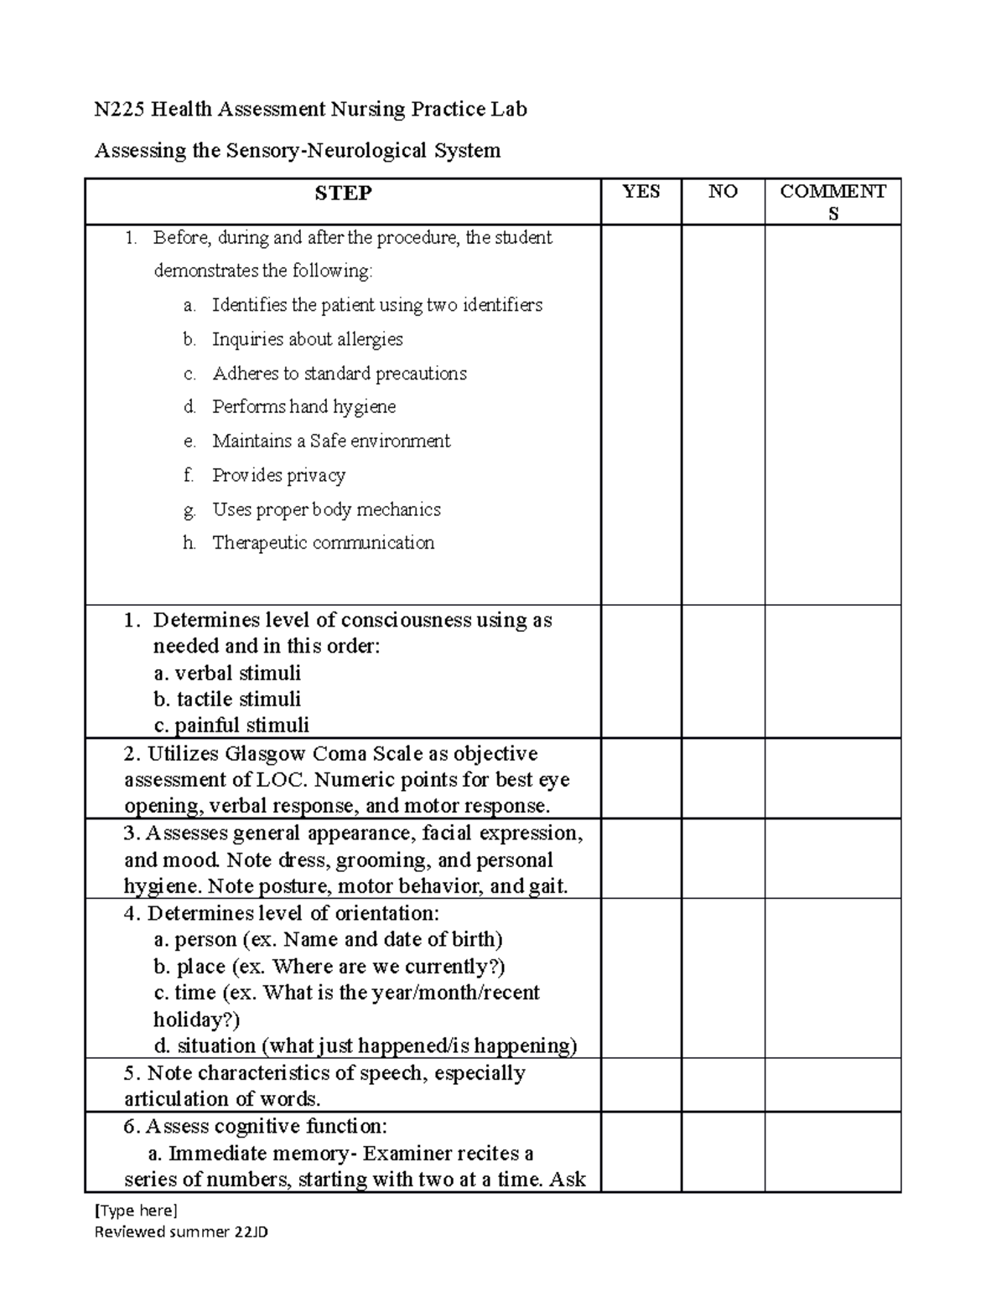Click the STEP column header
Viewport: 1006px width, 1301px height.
pos(343,194)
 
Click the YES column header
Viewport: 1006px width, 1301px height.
pos(641,192)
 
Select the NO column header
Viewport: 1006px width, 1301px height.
pos(723,192)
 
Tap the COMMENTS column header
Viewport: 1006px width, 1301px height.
pos(832,202)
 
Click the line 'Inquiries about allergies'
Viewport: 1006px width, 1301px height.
pos(307,339)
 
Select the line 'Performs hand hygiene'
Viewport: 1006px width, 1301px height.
pos(303,407)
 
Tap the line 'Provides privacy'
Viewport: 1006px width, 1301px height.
pos(278,475)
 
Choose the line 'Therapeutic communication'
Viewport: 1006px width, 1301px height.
pos(323,543)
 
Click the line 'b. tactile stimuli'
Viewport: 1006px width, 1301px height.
pos(227,699)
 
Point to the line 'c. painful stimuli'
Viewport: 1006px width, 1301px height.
pos(231,725)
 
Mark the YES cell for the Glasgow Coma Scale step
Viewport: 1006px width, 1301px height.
pos(641,778)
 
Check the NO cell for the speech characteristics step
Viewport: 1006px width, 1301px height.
pos(723,1085)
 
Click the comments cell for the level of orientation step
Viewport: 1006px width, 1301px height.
pos(832,978)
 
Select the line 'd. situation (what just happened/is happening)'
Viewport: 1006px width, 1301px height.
pos(366,1045)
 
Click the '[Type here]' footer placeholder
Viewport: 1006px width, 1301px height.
pos(136,1210)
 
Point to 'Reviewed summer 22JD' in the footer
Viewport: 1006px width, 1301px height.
pos(181,1231)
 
